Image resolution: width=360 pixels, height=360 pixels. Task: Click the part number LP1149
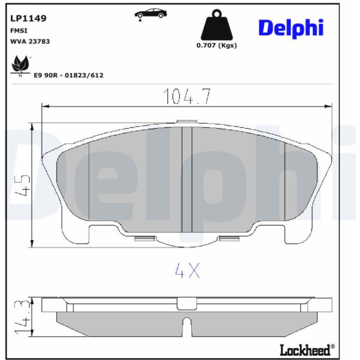(28, 18)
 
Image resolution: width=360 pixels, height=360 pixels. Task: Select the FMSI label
(19, 31)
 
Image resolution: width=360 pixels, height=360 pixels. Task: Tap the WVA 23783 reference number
(30, 41)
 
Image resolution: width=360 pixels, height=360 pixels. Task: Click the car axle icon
(151, 14)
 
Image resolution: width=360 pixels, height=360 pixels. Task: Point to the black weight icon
(217, 25)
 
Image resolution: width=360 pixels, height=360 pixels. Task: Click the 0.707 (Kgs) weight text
(217, 45)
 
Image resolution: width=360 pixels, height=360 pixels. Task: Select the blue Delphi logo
(291, 28)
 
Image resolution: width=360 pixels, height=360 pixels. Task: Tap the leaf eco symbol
(21, 65)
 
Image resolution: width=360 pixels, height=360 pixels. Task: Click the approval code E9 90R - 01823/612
(68, 75)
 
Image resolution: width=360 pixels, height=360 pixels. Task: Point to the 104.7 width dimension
(187, 97)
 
